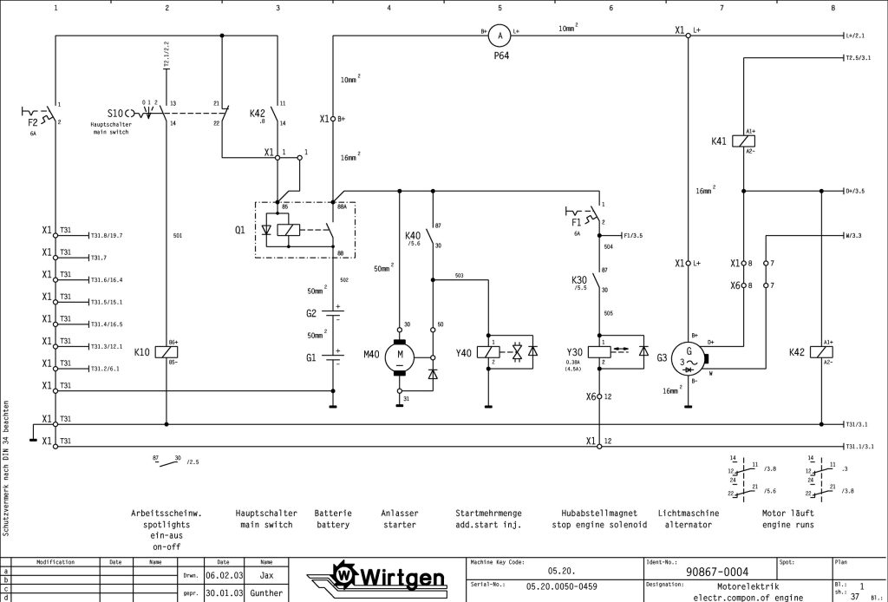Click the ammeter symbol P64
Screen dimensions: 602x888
[499, 36]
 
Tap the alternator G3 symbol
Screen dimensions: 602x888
[689, 357]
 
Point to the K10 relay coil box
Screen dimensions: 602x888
[166, 353]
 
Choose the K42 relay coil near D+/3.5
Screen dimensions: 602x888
[820, 352]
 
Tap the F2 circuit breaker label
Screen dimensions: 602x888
[33, 123]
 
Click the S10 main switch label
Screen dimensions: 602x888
[115, 113]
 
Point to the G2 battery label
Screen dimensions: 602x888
[311, 313]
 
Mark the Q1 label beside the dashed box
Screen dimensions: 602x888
[239, 230]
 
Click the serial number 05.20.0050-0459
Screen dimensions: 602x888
[561, 587]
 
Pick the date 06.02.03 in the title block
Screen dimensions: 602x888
[223, 574]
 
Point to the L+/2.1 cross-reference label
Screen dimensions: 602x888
[855, 36]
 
